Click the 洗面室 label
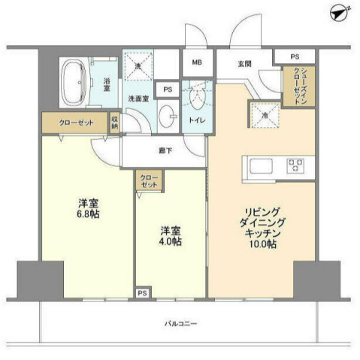pyautogui.click(x=138, y=98)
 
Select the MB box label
pyautogui.click(x=195, y=63)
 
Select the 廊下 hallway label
pyautogui.click(x=165, y=150)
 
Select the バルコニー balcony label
pyautogui.click(x=180, y=324)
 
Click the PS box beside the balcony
pyautogui.click(x=142, y=292)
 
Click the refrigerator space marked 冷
pyautogui.click(x=267, y=114)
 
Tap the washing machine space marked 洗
pyautogui.click(x=138, y=68)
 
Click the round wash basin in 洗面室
pyautogui.click(x=167, y=117)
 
